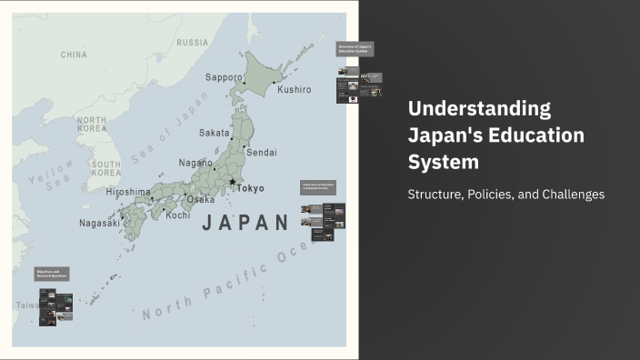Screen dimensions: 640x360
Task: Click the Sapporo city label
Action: point(224,77)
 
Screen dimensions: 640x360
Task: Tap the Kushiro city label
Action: point(294,89)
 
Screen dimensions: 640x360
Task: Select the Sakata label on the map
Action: point(215,133)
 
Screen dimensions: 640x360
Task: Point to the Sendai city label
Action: point(262,152)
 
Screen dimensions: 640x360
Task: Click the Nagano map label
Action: point(195,163)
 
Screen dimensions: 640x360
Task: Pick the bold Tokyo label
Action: point(250,188)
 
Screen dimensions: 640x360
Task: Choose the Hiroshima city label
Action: point(127,192)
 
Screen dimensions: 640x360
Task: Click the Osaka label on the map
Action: point(201,199)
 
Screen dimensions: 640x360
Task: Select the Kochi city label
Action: point(178,215)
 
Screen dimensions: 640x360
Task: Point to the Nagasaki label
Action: point(99,223)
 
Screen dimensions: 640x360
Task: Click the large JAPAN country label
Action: point(245,223)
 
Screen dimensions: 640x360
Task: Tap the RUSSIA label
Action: point(192,43)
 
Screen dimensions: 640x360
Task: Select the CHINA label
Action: point(74,55)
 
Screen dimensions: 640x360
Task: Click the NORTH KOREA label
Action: point(94,125)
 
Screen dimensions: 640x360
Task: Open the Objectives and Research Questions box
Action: point(53,274)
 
